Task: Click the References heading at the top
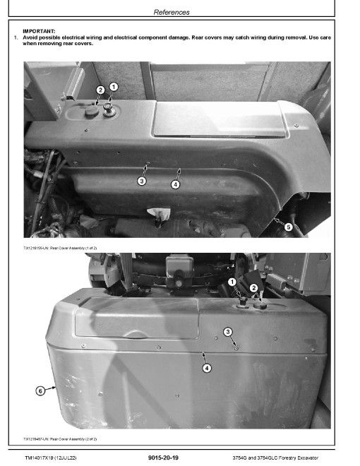pos(172,12)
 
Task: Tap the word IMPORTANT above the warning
pos(39,31)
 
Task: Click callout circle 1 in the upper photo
pos(114,87)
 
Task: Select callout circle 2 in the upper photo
pos(100,90)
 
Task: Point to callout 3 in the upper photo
pos(142,181)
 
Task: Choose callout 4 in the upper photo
pos(175,184)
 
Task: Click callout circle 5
pos(288,227)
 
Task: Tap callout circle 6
pos(40,390)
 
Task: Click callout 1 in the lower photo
pos(232,282)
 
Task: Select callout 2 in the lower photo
pos(253,287)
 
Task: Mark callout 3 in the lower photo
pos(228,332)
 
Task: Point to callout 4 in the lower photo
pos(207,369)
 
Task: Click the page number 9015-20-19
pos(163,458)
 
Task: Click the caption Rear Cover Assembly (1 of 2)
pos(60,248)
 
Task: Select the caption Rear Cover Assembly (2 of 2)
pos(60,439)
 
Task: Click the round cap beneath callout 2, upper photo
pos(92,111)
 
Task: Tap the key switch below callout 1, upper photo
pos(107,109)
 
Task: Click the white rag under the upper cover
pos(159,213)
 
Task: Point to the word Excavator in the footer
pos(308,458)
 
